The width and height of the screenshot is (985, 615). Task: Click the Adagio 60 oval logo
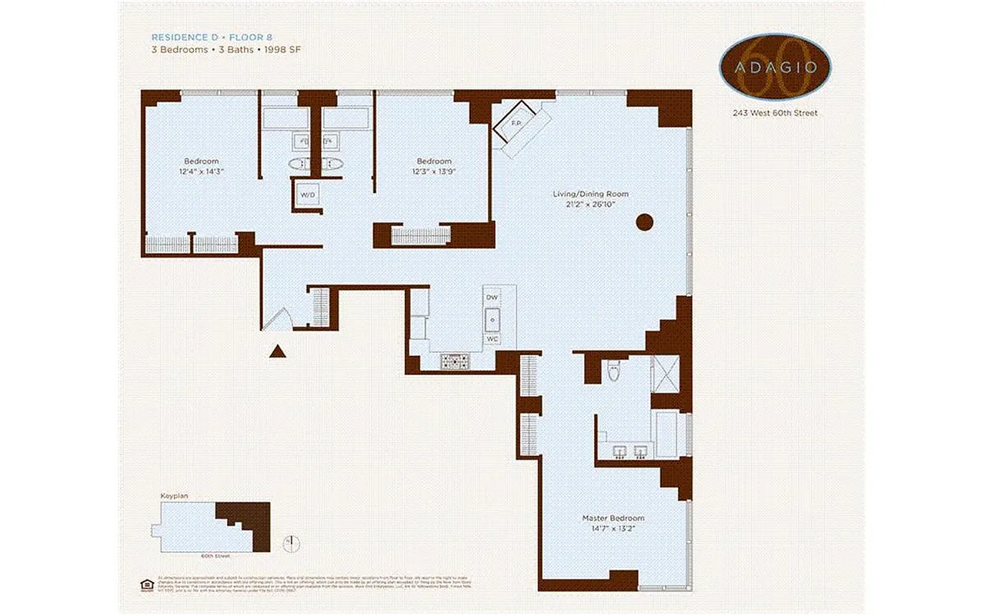[775, 67]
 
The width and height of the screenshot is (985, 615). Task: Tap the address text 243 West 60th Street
[775, 113]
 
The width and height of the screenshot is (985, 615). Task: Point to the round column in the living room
[644, 223]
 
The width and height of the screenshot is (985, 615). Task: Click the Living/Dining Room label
[590, 194]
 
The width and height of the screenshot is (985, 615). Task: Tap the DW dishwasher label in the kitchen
[492, 297]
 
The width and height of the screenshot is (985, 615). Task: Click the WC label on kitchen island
[492, 339]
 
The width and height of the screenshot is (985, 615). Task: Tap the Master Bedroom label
[613, 518]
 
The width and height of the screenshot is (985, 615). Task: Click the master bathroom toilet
[613, 371]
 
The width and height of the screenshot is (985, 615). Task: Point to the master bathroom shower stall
[666, 374]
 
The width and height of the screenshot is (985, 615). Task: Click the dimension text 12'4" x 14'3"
[203, 171]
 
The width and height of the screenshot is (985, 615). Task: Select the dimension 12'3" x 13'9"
[434, 171]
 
